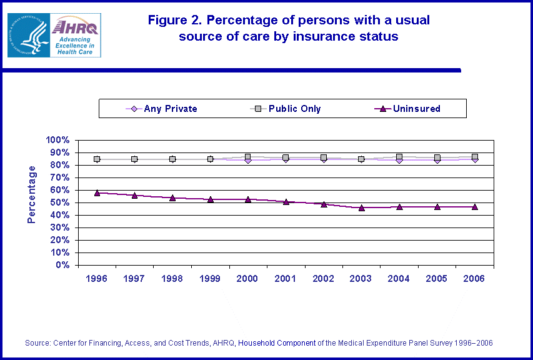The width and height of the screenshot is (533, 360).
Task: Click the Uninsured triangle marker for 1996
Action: coord(97,193)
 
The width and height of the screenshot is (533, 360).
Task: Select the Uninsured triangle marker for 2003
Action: coord(361,207)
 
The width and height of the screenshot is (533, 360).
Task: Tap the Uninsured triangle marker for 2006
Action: coord(475,206)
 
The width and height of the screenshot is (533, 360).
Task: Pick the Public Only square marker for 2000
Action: coord(248,157)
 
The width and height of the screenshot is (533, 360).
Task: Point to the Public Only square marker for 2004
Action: coord(399,157)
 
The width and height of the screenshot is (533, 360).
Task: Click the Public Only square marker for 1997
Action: coord(134,159)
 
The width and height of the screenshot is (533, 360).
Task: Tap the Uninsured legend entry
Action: coord(411,109)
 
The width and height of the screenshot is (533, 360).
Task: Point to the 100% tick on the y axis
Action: coord(59,140)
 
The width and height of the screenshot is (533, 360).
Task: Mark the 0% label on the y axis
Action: coord(64,265)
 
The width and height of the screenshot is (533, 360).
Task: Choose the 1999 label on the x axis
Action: coord(210,279)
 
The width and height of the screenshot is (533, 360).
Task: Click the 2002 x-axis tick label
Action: coord(324,279)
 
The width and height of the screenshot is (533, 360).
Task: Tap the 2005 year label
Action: coord(437,279)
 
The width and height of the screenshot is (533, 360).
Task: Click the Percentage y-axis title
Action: coord(32,194)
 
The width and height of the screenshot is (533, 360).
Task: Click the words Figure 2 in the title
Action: coord(175,20)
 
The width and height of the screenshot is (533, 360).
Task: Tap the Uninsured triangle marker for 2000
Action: coord(248,199)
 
